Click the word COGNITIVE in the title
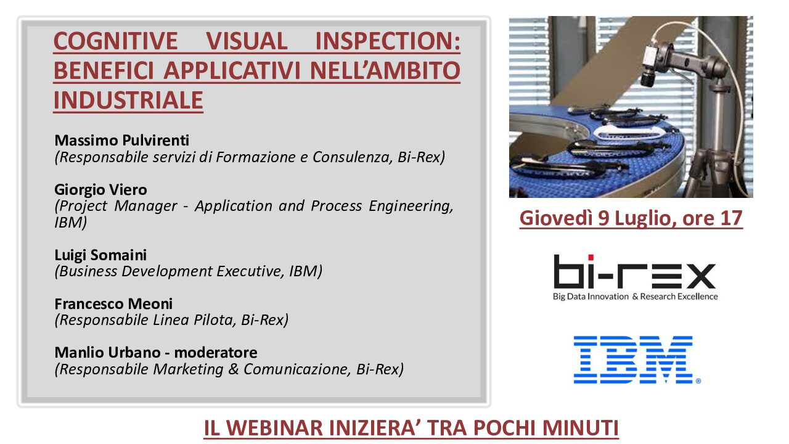pyautogui.click(x=115, y=41)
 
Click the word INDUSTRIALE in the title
pyautogui.click(x=128, y=100)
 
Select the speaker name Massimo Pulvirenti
pyautogui.click(x=122, y=140)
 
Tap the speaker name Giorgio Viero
pyautogui.click(x=100, y=190)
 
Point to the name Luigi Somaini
pyautogui.click(x=100, y=255)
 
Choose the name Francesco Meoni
pyautogui.click(x=113, y=304)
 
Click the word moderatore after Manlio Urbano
pyautogui.click(x=216, y=352)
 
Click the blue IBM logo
pyautogui.click(x=633, y=360)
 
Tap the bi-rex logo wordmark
pyautogui.click(x=635, y=271)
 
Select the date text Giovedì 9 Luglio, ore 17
pyautogui.click(x=631, y=218)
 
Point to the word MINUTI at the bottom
pyautogui.click(x=581, y=428)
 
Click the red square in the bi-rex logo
pyautogui.click(x=591, y=258)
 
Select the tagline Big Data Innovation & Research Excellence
pyautogui.click(x=636, y=297)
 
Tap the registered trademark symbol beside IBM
pyautogui.click(x=698, y=380)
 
